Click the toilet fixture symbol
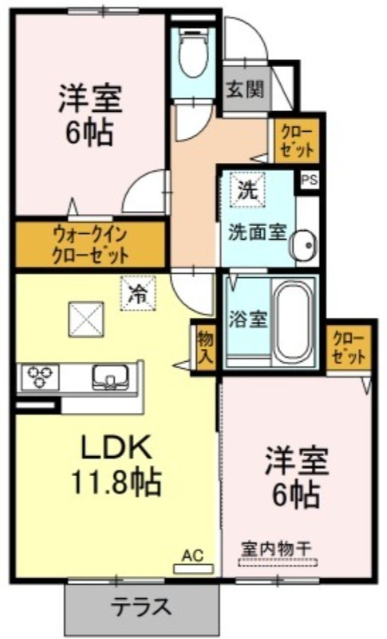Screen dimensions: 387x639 tap(193, 52)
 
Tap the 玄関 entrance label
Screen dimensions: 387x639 tap(245, 89)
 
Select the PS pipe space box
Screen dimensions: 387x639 tap(310, 180)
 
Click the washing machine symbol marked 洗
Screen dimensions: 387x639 tap(247, 189)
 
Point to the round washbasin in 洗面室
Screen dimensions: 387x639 tap(303, 244)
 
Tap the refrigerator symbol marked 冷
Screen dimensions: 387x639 tap(138, 293)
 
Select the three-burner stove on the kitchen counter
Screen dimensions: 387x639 tap(39, 376)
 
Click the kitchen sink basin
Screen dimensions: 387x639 tap(111, 377)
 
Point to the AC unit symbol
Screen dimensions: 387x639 tap(193, 569)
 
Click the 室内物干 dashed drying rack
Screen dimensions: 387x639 tap(278, 562)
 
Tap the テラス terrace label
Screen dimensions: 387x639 tap(140, 607)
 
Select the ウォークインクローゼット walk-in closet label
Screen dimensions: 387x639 tap(90, 245)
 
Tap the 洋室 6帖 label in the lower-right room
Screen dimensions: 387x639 tap(297, 477)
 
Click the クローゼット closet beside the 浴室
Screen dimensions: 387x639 tap(349, 347)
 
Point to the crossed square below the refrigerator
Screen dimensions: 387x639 tap(86, 319)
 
